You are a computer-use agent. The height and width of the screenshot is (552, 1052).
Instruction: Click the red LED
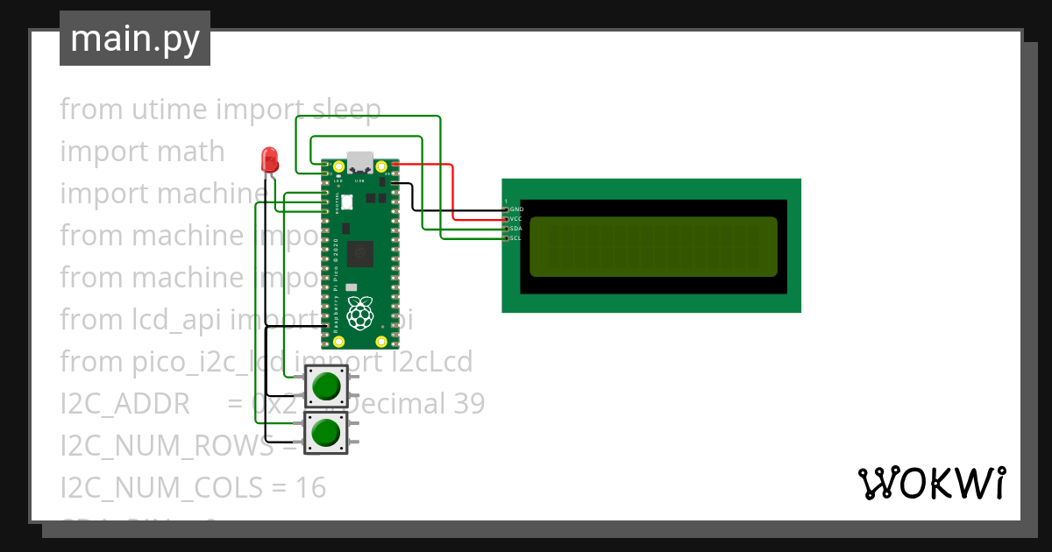pyautogui.click(x=269, y=160)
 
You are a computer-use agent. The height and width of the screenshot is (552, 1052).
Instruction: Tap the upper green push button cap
pyautogui.click(x=326, y=386)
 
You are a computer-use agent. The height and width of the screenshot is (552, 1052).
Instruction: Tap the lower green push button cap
pyautogui.click(x=326, y=432)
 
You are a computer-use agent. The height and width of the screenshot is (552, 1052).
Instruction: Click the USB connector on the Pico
pyautogui.click(x=359, y=162)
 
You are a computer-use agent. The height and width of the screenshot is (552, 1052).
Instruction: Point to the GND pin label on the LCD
pyautogui.click(x=516, y=209)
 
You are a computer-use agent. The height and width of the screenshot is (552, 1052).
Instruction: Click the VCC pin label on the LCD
pyautogui.click(x=516, y=219)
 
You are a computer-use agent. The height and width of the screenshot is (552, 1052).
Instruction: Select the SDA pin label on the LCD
pyautogui.click(x=516, y=229)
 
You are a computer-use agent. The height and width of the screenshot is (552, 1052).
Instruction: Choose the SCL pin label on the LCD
pyautogui.click(x=516, y=238)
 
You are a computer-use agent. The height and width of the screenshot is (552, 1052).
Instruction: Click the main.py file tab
pyautogui.click(x=135, y=39)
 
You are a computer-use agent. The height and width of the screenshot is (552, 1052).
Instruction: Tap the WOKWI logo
pyautogui.click(x=931, y=483)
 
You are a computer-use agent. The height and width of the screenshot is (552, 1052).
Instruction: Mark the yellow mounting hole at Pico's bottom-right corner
pyautogui.click(x=380, y=341)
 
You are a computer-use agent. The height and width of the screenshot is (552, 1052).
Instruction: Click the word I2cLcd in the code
pyautogui.click(x=431, y=361)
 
